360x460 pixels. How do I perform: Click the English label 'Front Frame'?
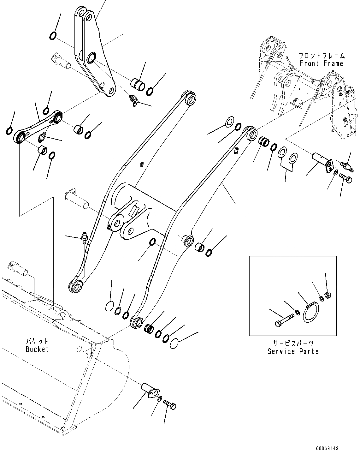[x=321, y=63]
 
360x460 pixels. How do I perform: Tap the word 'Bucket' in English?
[x=37, y=349]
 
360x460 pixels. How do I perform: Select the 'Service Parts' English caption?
[x=293, y=351]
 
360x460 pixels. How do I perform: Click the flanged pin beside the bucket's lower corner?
[x=150, y=389]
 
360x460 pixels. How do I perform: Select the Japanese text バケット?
[x=37, y=341]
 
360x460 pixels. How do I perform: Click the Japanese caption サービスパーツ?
[x=293, y=344]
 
